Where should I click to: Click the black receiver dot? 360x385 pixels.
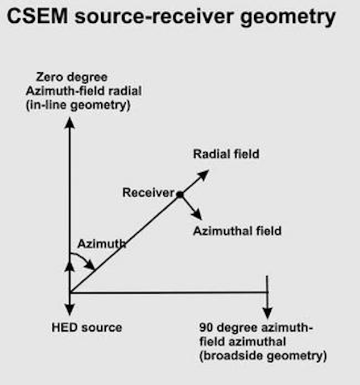[179, 194]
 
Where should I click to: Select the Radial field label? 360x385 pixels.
[226, 155]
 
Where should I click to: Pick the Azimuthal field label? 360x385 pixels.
[237, 230]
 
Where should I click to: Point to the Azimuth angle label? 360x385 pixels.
[102, 244]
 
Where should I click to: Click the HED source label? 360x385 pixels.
[87, 328]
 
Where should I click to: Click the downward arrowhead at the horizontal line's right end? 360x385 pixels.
[267, 313]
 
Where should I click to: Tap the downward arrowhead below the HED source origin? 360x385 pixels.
[70, 310]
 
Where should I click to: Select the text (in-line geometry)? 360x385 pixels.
[83, 105]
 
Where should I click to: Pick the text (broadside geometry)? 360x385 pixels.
[263, 356]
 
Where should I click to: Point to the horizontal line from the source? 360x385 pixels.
[169, 293]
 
